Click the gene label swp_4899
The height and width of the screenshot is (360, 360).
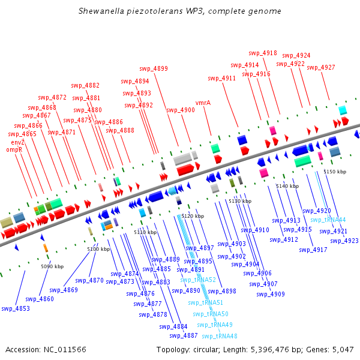(154, 68)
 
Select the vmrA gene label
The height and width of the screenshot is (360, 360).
(203, 103)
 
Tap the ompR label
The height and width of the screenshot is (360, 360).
(14, 149)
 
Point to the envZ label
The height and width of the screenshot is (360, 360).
(18, 142)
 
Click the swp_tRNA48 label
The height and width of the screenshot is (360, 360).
(220, 336)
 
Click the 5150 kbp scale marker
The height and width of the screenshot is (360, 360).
(335, 172)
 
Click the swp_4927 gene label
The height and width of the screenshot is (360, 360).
(321, 67)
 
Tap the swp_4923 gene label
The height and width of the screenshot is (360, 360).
(344, 241)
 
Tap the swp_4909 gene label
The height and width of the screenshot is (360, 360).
(271, 294)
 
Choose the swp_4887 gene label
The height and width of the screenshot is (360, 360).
(184, 335)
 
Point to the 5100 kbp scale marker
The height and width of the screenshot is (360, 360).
(98, 248)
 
